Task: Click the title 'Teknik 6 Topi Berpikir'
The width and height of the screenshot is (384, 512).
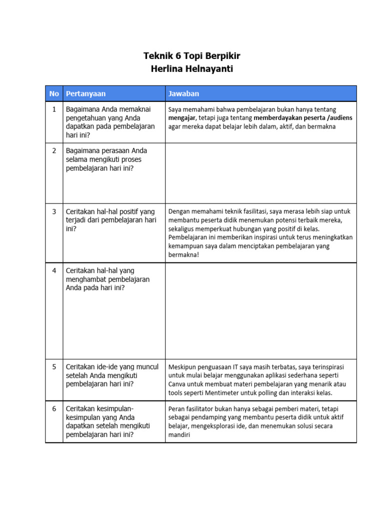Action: pos(192,55)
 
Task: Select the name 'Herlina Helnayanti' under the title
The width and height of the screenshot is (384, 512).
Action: pos(192,69)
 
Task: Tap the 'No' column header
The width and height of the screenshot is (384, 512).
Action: pos(54,93)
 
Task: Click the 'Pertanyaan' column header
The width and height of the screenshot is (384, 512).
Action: pos(85,93)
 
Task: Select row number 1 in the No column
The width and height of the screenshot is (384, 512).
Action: pos(54,108)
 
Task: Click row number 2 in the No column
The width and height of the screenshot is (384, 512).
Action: pos(54,150)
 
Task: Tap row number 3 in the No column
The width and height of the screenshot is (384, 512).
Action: pos(54,211)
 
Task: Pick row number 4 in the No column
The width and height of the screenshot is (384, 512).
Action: pos(54,270)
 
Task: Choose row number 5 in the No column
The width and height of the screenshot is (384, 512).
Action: pos(54,366)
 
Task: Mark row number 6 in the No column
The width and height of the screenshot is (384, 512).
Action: pos(54,408)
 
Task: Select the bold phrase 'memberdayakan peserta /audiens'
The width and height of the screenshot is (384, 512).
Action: pos(303,117)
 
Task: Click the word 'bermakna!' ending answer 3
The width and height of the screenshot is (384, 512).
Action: pos(183,255)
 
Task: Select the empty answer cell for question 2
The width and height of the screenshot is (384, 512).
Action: pos(260,172)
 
